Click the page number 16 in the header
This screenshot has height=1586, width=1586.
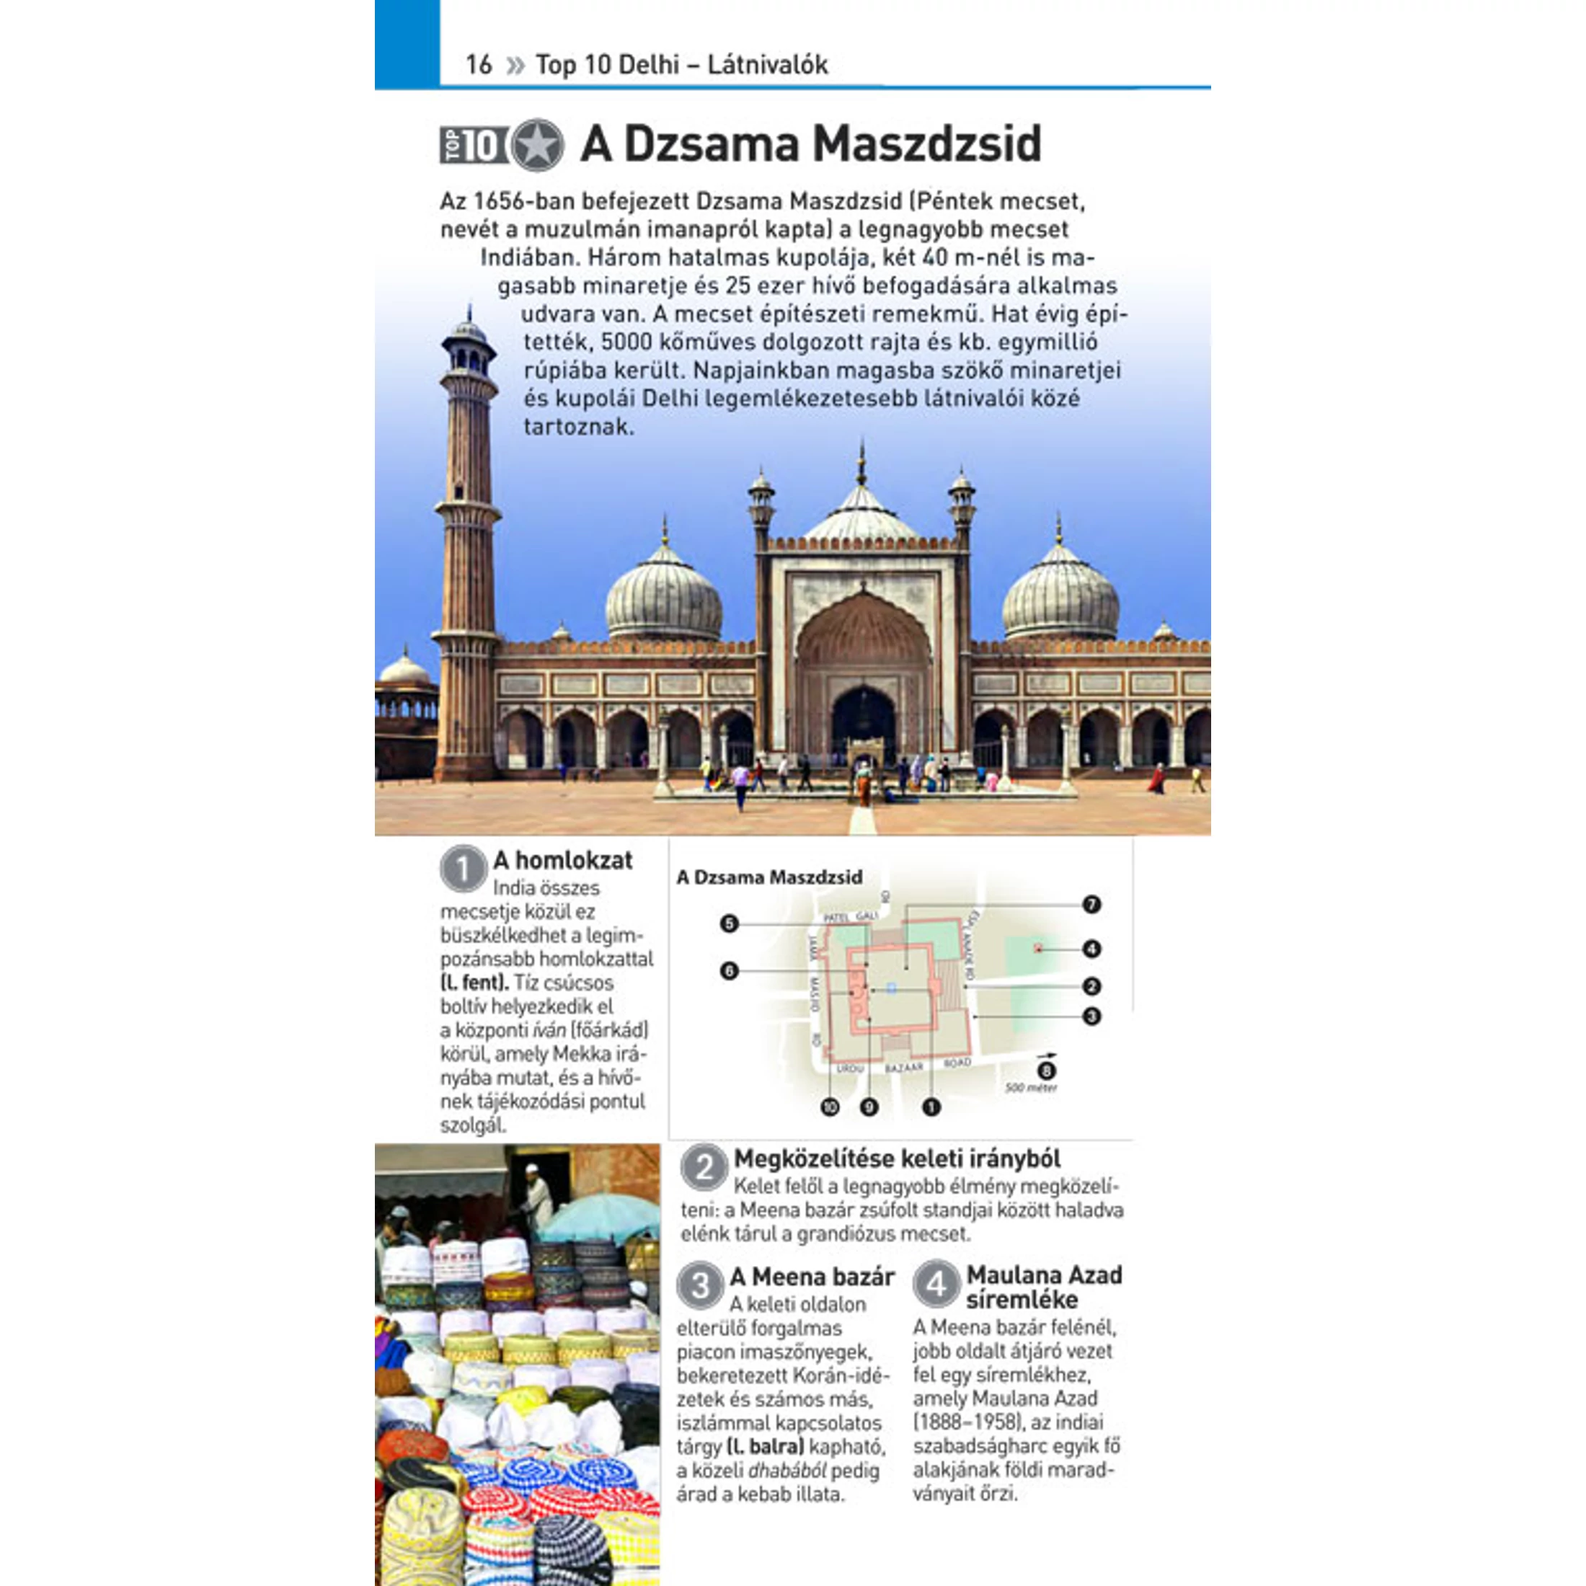[478, 64]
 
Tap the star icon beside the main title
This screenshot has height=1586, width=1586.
[537, 146]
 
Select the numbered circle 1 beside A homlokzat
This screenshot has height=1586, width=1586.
[463, 868]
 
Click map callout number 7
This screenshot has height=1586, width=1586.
[1091, 905]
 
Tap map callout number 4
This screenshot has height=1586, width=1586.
[1091, 949]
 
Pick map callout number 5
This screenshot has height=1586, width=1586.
[729, 924]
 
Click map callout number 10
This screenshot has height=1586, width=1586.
[830, 1107]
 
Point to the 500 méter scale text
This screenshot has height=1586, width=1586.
[1031, 1089]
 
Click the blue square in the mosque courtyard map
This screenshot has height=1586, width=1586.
[892, 988]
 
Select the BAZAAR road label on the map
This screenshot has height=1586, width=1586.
[904, 1068]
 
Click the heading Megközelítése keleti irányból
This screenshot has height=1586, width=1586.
[896, 1159]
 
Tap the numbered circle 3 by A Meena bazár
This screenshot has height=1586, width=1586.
[700, 1285]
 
